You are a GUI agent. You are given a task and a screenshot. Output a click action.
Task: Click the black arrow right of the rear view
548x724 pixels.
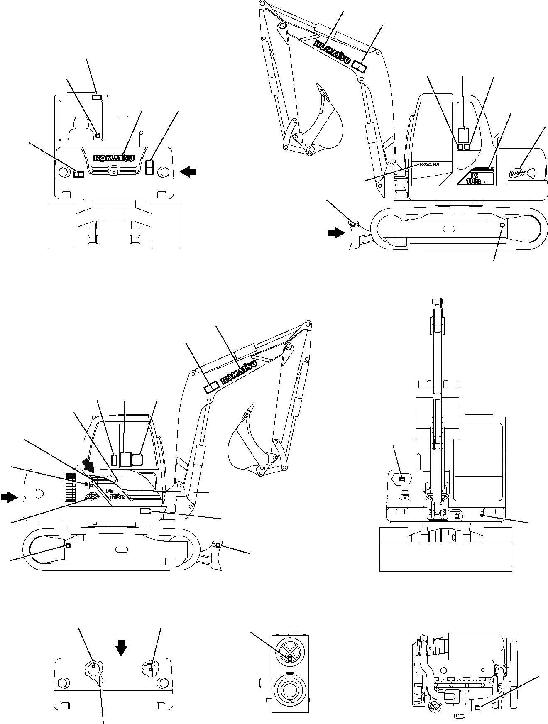click(189, 171)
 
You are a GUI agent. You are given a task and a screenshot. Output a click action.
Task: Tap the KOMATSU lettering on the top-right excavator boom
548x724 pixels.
click(331, 51)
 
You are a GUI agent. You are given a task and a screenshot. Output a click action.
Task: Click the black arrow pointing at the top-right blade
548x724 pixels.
click(335, 233)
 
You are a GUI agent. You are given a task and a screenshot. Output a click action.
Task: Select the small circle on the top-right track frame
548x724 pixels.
click(502, 225)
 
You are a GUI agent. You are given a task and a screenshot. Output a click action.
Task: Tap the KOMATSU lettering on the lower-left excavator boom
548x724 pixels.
click(240, 372)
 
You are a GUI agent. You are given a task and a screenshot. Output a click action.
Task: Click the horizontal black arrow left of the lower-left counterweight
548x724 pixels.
click(9, 497)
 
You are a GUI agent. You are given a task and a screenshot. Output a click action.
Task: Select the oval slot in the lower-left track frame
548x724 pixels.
click(121, 549)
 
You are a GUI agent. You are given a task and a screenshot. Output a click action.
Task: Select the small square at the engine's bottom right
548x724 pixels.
click(477, 707)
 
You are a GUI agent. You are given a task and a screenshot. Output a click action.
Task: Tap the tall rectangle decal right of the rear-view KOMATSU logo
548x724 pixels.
click(150, 167)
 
